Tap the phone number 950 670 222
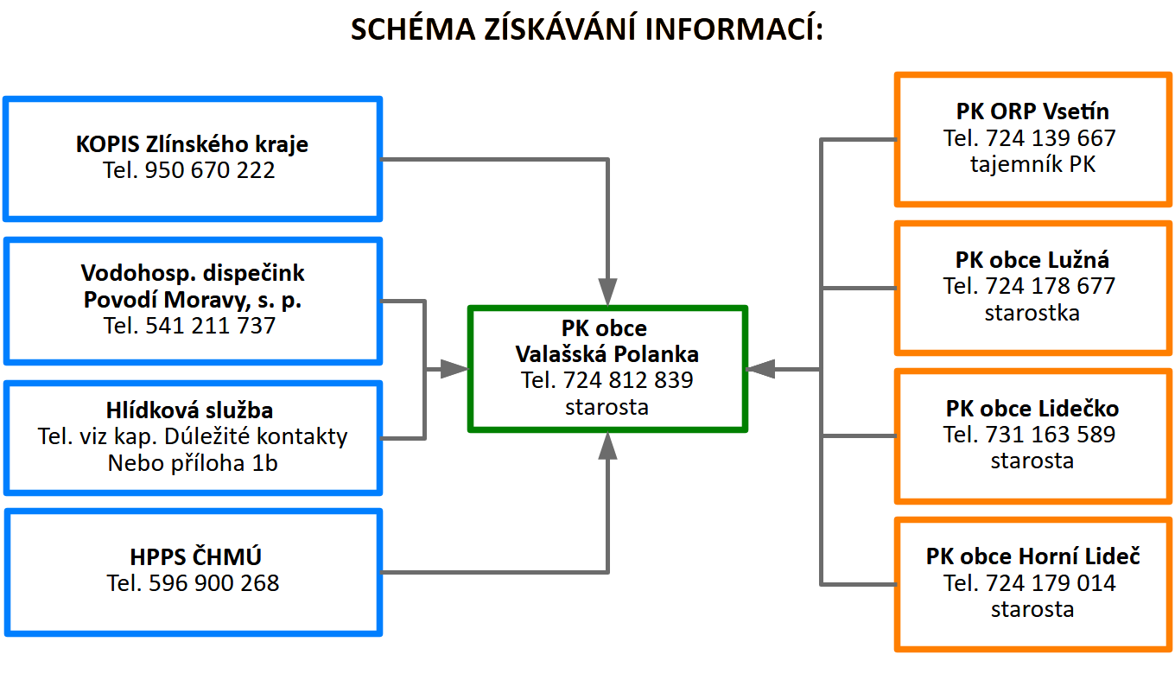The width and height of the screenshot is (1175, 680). tap(212, 170)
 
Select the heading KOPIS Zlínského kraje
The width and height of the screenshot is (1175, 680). tap(192, 143)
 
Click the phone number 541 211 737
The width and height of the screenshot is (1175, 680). tap(212, 326)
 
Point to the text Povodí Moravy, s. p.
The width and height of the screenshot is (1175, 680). tap(192, 300)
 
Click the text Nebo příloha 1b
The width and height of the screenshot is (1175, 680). tap(193, 463)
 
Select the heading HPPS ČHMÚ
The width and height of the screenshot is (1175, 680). tap(193, 556)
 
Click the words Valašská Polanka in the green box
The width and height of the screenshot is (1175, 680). tap(607, 354)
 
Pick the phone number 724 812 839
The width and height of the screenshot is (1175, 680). tap(628, 380)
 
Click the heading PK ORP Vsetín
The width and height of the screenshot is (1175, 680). tap(1032, 111)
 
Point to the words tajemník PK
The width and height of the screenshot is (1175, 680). tap(1032, 164)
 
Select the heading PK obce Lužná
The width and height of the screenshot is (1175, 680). tap(1032, 260)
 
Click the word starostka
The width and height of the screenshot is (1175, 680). tap(1032, 313)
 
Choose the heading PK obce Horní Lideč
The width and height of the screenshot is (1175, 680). tap(1032, 556)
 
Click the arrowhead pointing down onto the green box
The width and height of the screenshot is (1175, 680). tap(608, 291)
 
